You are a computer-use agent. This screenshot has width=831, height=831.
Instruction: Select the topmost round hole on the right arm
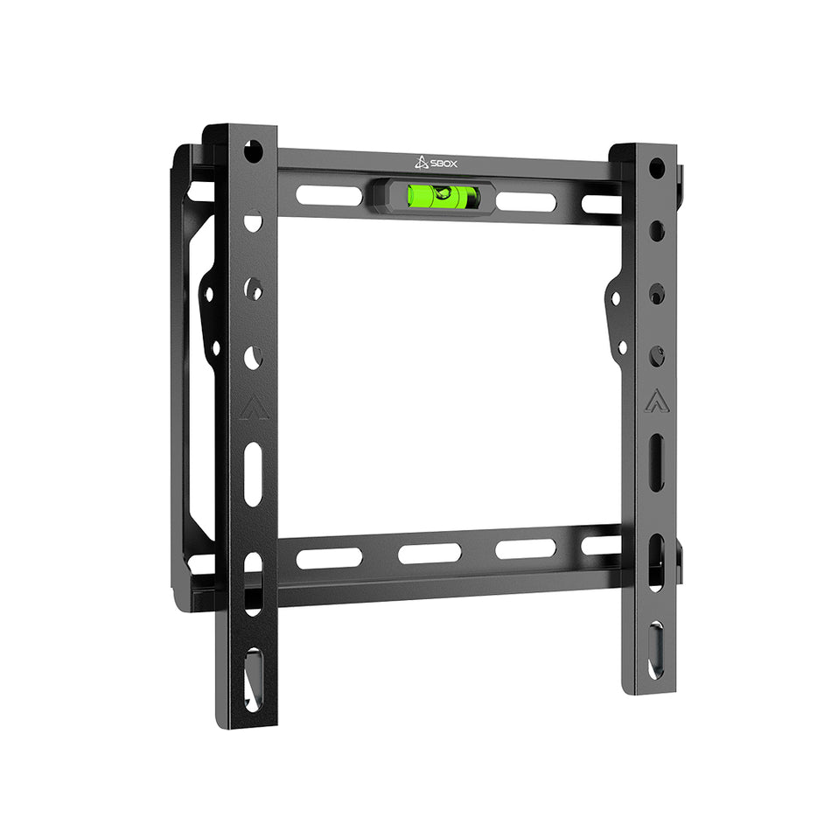coord(656,167)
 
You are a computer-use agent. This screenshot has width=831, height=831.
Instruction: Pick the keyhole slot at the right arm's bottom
coord(655,650)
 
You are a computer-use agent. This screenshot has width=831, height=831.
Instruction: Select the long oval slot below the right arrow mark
coord(656,462)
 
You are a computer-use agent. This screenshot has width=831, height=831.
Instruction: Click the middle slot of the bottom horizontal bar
coord(429,553)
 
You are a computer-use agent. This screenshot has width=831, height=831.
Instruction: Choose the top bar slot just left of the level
coord(329,194)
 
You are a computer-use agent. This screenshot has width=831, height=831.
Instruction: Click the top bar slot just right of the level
coord(526,201)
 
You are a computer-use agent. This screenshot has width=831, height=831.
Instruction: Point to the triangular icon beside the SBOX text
coord(421,161)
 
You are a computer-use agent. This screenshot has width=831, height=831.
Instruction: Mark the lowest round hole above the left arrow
coord(253,356)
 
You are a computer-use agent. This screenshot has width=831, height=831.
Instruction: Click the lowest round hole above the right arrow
coord(657,356)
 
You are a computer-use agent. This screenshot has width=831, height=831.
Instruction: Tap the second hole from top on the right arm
coord(657,231)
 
